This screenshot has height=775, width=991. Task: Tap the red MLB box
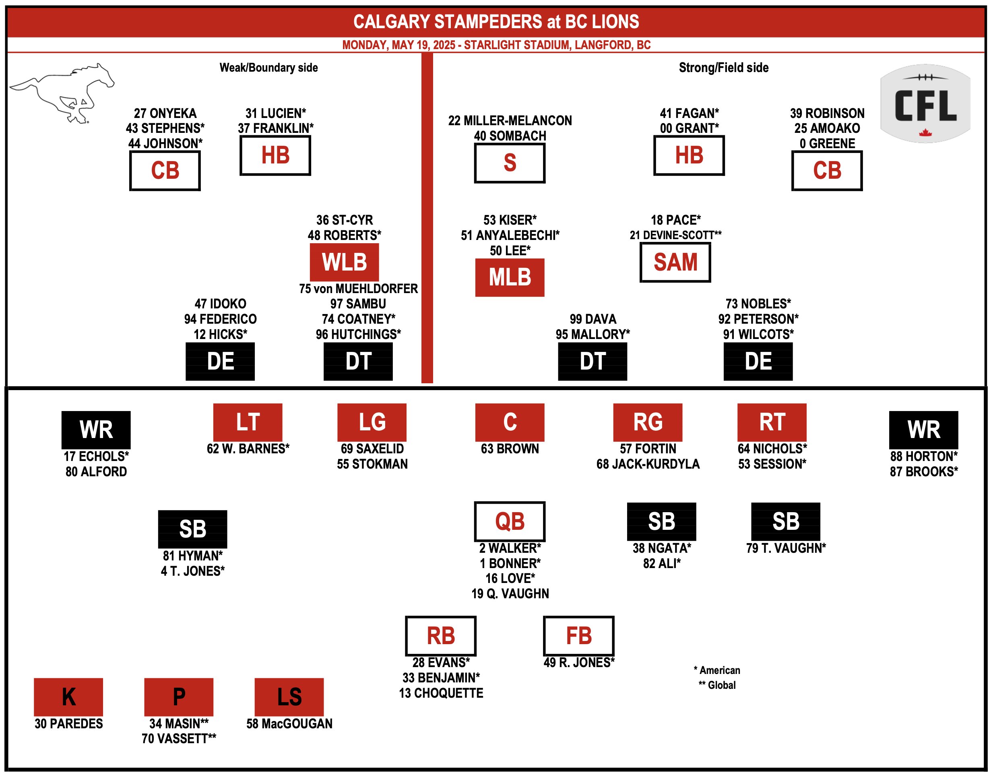(x=510, y=277)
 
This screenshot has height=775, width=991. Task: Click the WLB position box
(x=345, y=262)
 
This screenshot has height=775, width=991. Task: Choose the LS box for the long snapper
(x=289, y=697)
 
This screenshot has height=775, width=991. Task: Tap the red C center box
(x=510, y=422)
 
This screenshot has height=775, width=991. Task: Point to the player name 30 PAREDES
(x=68, y=724)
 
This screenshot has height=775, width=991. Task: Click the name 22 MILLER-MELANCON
(x=510, y=121)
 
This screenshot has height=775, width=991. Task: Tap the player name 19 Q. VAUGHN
(x=510, y=593)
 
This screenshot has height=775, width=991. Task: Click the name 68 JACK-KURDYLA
(x=648, y=464)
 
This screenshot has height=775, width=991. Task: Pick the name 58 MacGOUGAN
(x=289, y=724)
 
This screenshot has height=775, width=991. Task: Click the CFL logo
(x=925, y=103)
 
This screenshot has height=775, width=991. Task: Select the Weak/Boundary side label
(x=268, y=68)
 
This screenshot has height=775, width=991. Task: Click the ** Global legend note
(x=717, y=685)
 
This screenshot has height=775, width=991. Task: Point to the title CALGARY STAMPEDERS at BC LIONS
(x=496, y=22)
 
